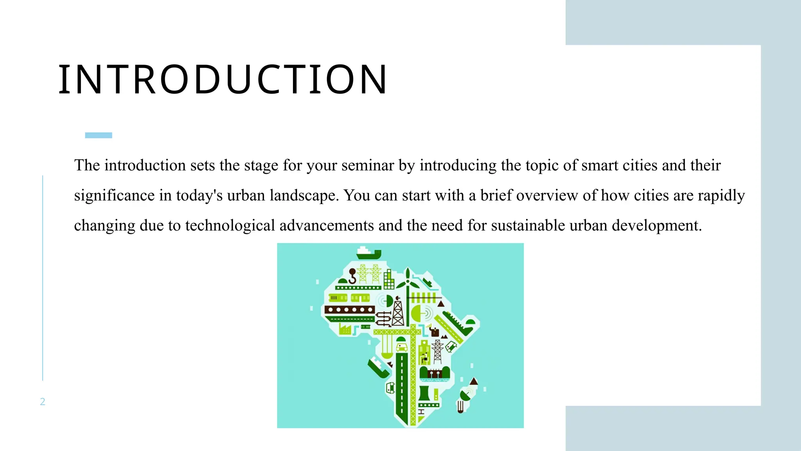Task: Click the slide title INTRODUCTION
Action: [223, 80]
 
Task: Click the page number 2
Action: [43, 402]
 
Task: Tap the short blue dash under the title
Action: [99, 135]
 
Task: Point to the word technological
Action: [230, 226]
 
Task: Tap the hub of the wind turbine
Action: [408, 281]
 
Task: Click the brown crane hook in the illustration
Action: [352, 276]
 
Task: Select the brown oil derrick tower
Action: [398, 312]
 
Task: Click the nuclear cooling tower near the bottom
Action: [424, 393]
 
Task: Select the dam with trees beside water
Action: [435, 373]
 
